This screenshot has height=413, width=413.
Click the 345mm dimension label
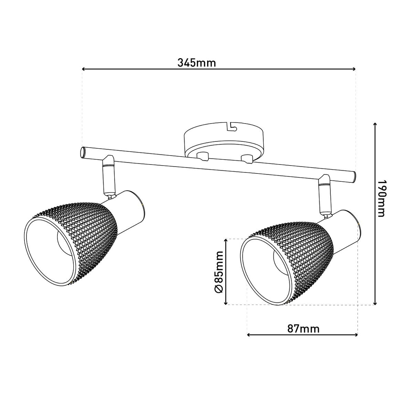197,63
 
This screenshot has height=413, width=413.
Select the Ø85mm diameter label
219,272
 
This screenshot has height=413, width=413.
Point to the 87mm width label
303,329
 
